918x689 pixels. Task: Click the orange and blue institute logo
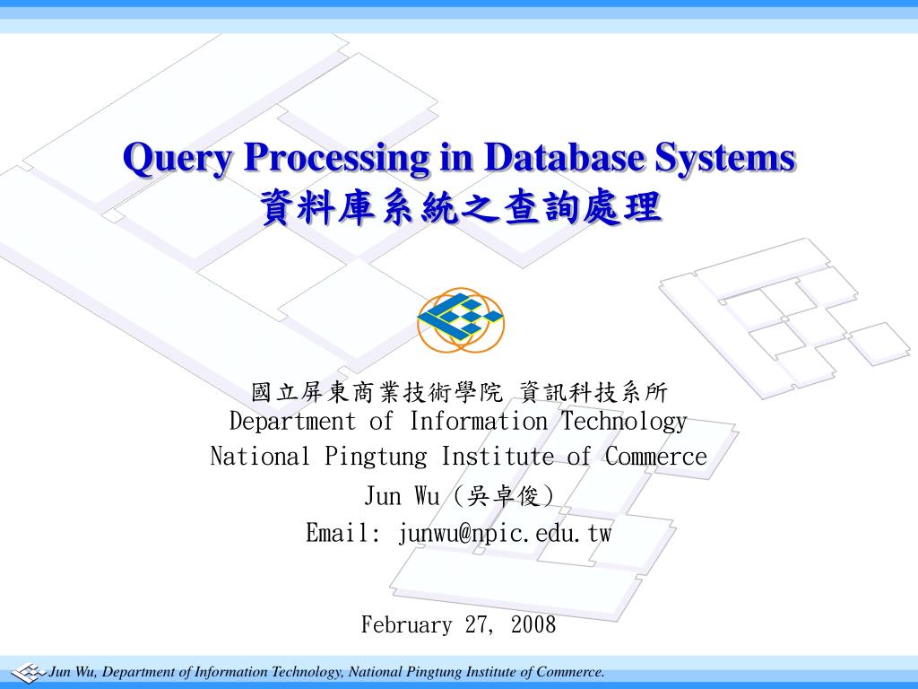tap(461, 320)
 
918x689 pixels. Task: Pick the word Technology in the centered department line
tap(624, 421)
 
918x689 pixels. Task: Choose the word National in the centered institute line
tap(260, 457)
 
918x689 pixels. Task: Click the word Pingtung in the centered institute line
tap(377, 458)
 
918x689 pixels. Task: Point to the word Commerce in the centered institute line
tap(656, 457)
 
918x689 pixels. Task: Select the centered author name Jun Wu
tap(402, 496)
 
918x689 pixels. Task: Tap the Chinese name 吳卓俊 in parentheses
tap(506, 496)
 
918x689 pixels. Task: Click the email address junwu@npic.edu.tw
tap(505, 534)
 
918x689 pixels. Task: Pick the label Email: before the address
tap(343, 534)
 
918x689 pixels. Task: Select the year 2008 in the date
tap(533, 625)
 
